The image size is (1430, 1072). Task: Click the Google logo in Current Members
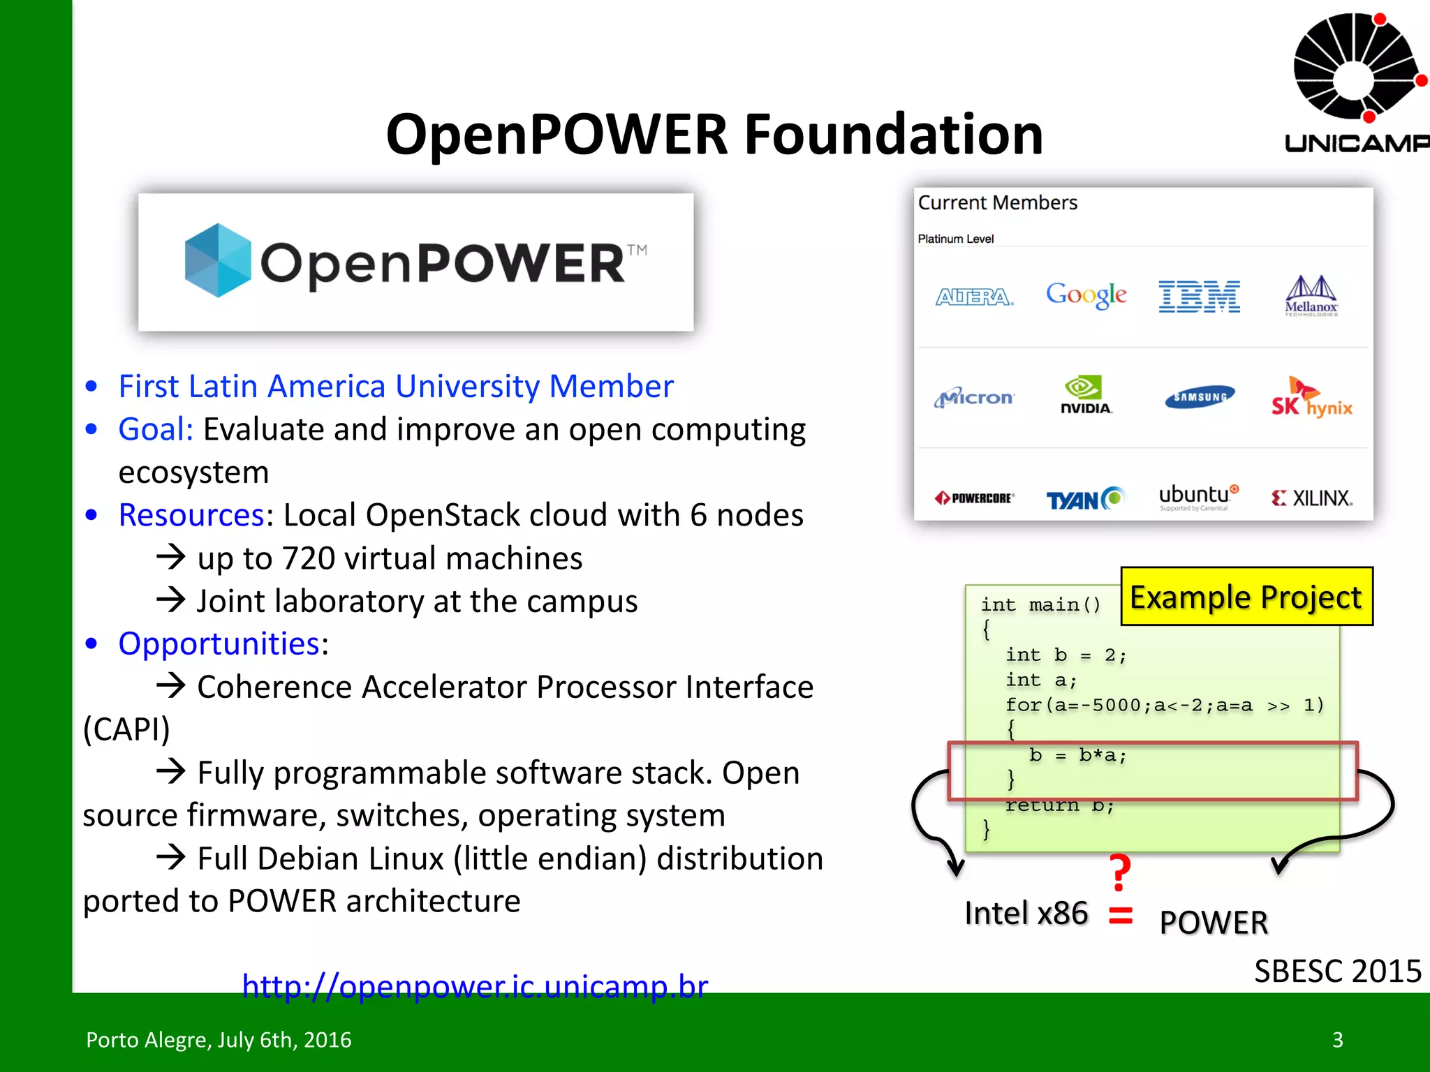[1086, 295]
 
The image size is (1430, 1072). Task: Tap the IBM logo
[1199, 296]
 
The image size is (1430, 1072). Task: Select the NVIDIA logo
[1085, 396]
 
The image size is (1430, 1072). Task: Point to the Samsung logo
[1200, 396]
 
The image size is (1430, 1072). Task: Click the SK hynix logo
[1311, 398]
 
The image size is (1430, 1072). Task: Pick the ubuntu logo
[1198, 496]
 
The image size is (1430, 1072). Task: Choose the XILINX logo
[1312, 498]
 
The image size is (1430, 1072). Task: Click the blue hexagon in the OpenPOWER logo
[218, 260]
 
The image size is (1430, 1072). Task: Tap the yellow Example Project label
[1246, 597]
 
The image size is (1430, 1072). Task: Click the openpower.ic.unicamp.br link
[475, 985]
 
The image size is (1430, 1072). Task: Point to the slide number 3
[1337, 1040]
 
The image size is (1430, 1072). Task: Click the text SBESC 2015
[1337, 971]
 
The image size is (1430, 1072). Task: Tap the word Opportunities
[219, 643]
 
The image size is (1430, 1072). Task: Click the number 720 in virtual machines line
[308, 558]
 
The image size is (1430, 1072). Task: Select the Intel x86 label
[1026, 913]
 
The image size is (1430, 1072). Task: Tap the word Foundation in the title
[893, 134]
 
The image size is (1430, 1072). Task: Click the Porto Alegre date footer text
[219, 1040]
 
